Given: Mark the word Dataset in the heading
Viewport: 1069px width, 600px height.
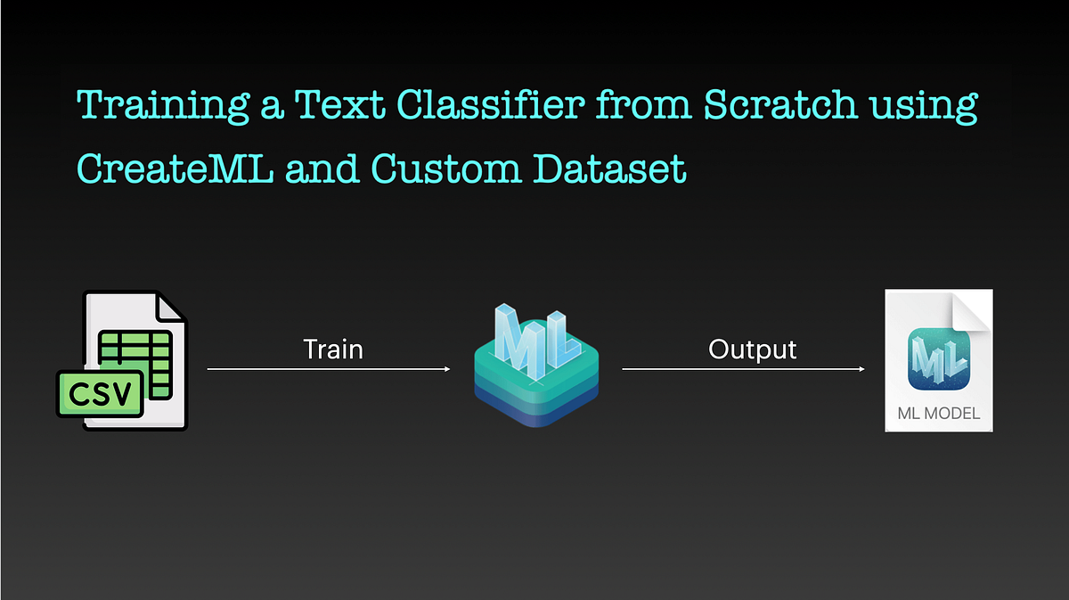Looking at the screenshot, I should tap(609, 168).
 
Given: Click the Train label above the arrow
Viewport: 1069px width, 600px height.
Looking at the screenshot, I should tap(333, 349).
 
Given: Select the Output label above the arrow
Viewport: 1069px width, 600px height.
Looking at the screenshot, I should tap(752, 349).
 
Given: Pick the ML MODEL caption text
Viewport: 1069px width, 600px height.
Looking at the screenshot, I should tap(939, 414).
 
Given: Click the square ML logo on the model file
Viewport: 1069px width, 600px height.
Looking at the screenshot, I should tap(939, 360).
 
